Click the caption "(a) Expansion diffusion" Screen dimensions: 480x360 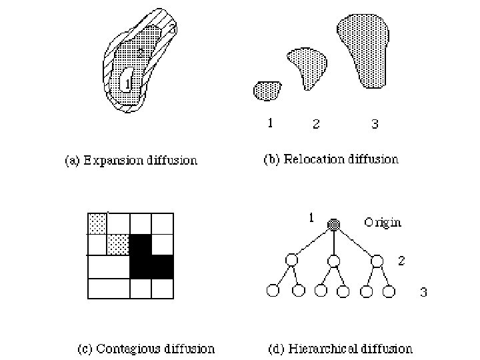pyautogui.click(x=131, y=160)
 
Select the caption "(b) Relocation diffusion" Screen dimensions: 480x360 pyautogui.click(x=331, y=159)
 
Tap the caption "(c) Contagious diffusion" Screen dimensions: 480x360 pyautogui.click(x=146, y=348)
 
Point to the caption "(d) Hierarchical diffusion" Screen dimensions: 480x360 pyautogui.click(x=340, y=348)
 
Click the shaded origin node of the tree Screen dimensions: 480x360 pyautogui.click(x=334, y=225)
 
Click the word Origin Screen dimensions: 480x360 pyautogui.click(x=382, y=223)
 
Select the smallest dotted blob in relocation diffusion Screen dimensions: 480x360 pyautogui.click(x=268, y=90)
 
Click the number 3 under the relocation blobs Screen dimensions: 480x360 pyautogui.click(x=375, y=123)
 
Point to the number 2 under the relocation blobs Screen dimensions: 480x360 pyautogui.click(x=316, y=123)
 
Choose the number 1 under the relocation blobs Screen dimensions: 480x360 pyautogui.click(x=269, y=123)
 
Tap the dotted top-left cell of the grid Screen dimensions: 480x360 pyautogui.click(x=98, y=223)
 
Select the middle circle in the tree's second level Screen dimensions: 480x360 pyautogui.click(x=334, y=260)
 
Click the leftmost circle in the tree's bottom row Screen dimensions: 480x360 pyautogui.click(x=272, y=290)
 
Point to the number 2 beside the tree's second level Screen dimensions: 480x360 pyautogui.click(x=401, y=261)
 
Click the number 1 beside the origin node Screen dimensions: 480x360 pyautogui.click(x=311, y=217)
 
